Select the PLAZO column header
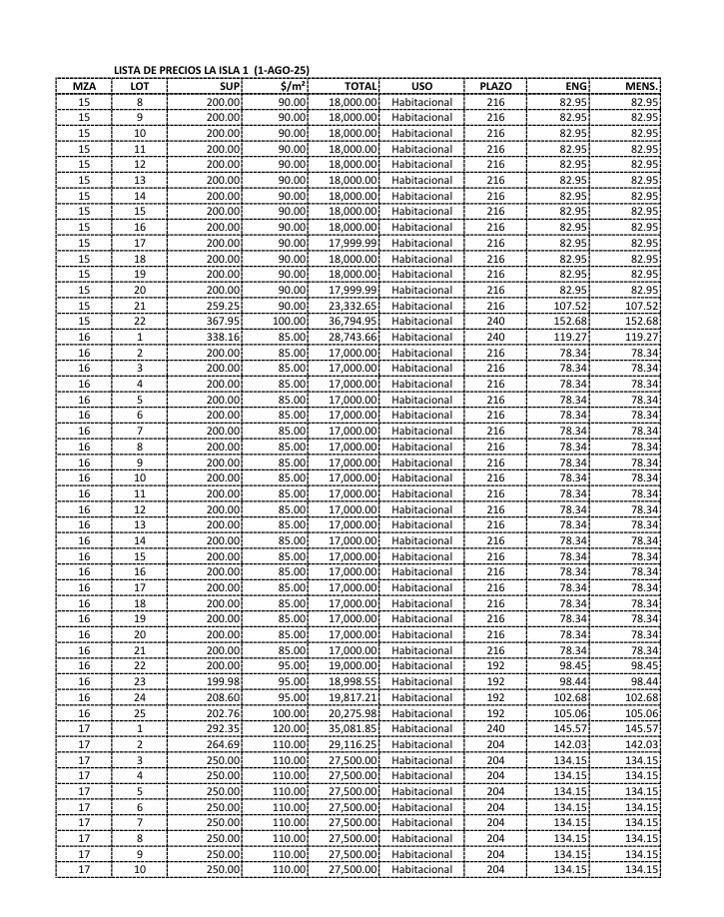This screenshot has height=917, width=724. (x=495, y=87)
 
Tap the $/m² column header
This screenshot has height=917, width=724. (x=292, y=87)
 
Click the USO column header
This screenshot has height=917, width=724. (x=421, y=87)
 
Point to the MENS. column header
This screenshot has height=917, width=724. (x=639, y=87)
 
